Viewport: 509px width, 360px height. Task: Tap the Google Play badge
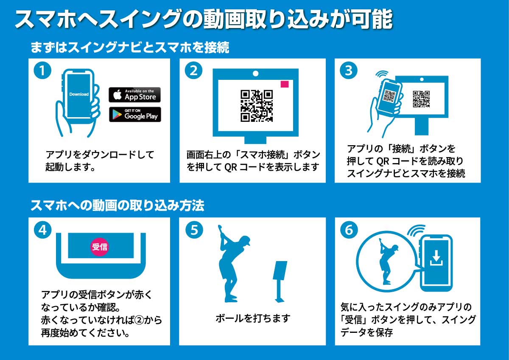click(x=134, y=114)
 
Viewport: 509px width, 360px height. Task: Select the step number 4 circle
click(x=42, y=230)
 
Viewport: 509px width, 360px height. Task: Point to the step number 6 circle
click(x=349, y=230)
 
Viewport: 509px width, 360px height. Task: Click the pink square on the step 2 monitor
click(x=285, y=84)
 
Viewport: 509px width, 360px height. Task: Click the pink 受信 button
click(x=100, y=247)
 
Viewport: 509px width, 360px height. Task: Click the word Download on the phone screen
click(x=79, y=94)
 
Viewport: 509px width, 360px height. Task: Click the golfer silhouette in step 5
click(x=231, y=263)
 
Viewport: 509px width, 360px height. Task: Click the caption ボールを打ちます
click(x=252, y=318)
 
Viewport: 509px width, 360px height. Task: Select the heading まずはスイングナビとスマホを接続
click(x=129, y=47)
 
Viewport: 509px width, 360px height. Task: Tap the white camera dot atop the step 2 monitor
click(x=255, y=73)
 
